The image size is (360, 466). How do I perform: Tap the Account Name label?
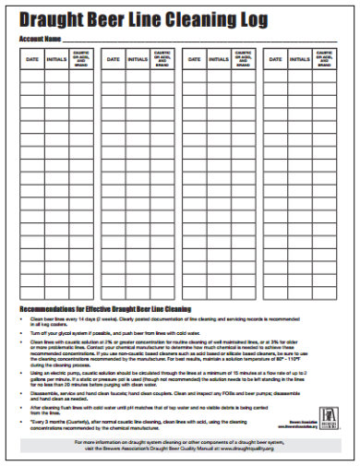click(40, 39)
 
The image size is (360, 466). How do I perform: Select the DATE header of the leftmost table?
click(32, 59)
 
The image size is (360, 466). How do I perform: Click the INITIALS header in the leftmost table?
click(57, 59)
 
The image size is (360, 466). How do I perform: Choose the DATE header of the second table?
click(114, 59)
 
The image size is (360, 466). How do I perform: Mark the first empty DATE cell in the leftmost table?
click(32, 76)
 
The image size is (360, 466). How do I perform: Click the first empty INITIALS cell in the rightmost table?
click(300, 76)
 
